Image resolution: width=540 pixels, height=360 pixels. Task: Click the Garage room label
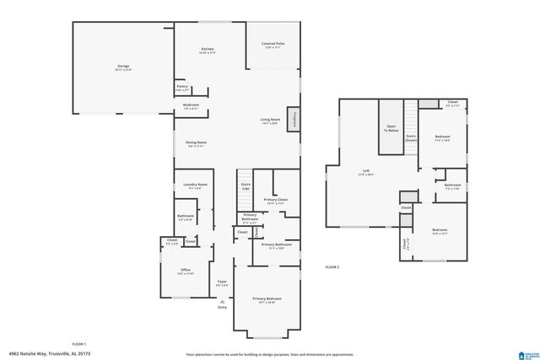pyautogui.click(x=123, y=67)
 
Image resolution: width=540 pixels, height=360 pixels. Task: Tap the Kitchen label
pyautogui.click(x=208, y=49)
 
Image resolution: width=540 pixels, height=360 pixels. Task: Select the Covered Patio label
pyautogui.click(x=271, y=44)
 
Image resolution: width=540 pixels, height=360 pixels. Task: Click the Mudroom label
pyautogui.click(x=190, y=106)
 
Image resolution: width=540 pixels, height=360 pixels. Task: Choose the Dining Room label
pyautogui.click(x=196, y=143)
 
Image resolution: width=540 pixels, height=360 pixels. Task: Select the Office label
pyautogui.click(x=186, y=271)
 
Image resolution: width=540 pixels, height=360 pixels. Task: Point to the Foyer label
pyautogui.click(x=221, y=283)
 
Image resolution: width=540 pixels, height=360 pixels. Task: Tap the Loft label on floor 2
pyautogui.click(x=366, y=173)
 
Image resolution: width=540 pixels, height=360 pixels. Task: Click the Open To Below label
pyautogui.click(x=391, y=129)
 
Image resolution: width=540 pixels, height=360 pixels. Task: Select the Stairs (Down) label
pyautogui.click(x=411, y=137)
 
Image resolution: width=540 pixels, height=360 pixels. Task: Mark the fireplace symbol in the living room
pyautogui.click(x=294, y=119)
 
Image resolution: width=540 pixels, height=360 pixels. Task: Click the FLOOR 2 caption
pyautogui.click(x=332, y=266)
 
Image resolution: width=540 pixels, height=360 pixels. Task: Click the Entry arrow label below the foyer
pyautogui.click(x=223, y=306)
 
